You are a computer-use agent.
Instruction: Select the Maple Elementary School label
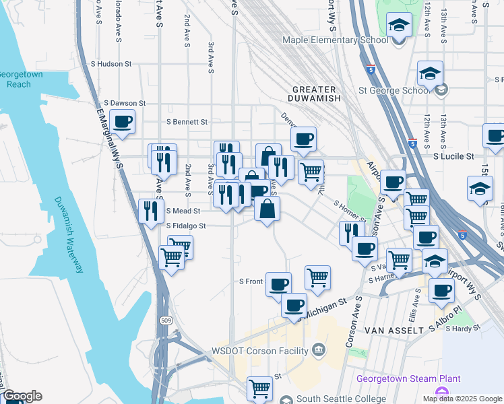pyautogui.click(x=336, y=40)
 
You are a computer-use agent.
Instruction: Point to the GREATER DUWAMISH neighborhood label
pyautogui.click(x=314, y=96)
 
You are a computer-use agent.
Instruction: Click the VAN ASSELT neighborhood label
pyautogui.click(x=393, y=331)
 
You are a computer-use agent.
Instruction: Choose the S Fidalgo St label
pyautogui.click(x=185, y=226)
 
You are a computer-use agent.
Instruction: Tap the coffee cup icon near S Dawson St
pyautogui.click(x=123, y=122)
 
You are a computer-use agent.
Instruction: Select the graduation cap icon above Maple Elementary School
pyautogui.click(x=399, y=26)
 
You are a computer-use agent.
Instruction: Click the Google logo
pyautogui.click(x=22, y=397)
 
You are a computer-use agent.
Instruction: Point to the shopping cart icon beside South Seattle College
pyautogui.click(x=259, y=389)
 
